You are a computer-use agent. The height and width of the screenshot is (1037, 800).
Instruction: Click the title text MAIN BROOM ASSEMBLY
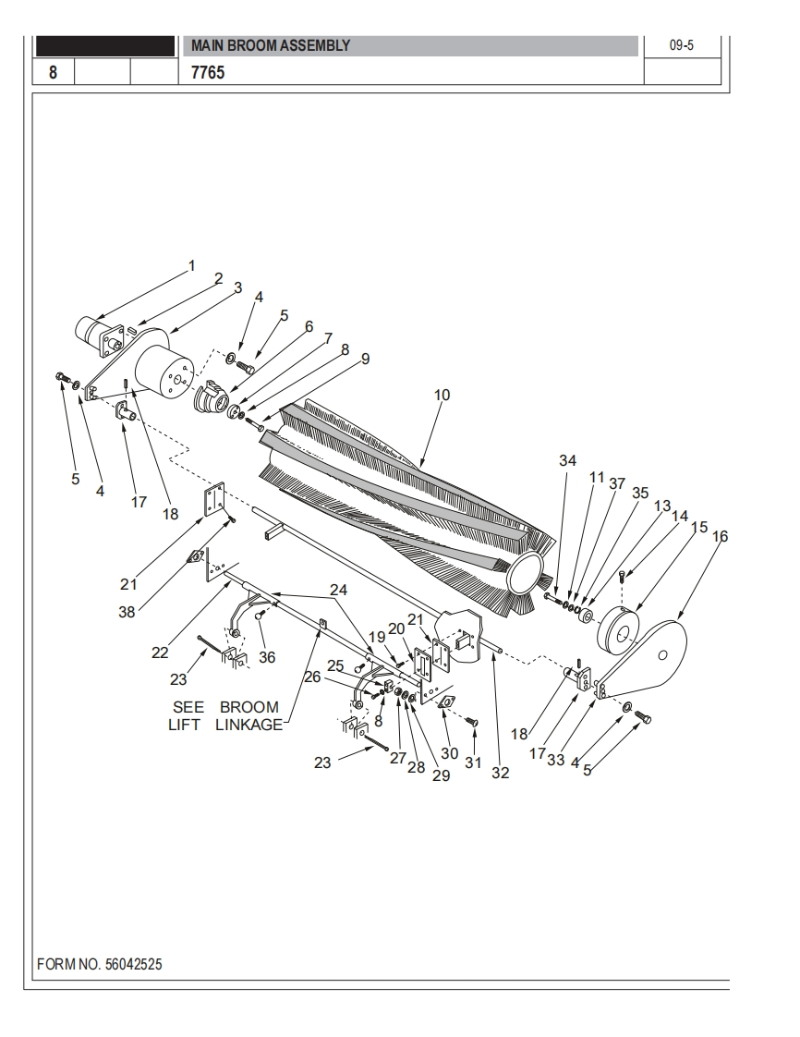pos(271,45)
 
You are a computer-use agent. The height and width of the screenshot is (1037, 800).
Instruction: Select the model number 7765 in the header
pos(208,73)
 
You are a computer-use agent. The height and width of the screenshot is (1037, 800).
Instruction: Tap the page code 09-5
pos(682,45)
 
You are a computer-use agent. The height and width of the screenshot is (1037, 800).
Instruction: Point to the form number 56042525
pos(133,964)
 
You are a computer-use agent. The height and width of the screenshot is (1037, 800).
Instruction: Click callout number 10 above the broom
pos(442,395)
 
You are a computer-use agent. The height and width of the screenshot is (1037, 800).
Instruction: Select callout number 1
pos(192,266)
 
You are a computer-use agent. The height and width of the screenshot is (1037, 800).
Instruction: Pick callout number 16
pos(720,536)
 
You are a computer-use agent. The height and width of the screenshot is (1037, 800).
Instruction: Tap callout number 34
pos(567,460)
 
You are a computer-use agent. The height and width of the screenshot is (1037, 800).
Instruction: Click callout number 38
pos(127,613)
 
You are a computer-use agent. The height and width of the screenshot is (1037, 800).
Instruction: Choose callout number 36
pos(266,657)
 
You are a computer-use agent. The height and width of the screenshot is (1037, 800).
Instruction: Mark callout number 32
pos(501,773)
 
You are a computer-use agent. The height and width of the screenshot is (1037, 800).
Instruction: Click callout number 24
pos(338,590)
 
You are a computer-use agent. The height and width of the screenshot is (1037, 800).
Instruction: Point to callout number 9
pos(365,360)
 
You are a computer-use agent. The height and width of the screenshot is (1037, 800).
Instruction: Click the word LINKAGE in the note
pos(248,725)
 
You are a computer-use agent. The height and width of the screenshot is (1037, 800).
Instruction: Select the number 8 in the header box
pos(53,72)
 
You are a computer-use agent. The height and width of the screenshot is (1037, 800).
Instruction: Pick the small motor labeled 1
pos(99,333)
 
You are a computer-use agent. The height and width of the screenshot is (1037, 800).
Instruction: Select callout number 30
pos(450,753)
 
